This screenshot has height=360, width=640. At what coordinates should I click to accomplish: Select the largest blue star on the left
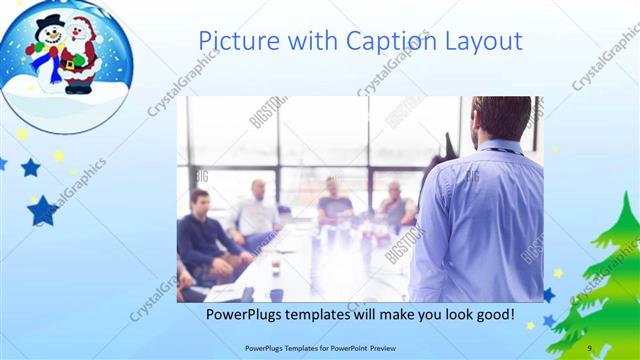pos(43,210)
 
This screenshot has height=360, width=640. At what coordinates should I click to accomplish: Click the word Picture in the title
pos(236,41)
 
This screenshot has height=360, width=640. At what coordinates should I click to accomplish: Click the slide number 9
pos(590,348)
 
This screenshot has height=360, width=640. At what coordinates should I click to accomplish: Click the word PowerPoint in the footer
pos(343,348)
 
